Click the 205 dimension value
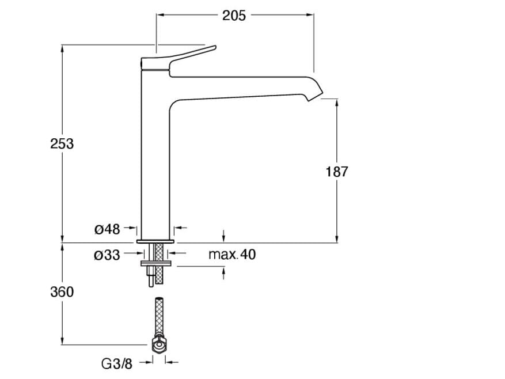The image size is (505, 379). click(234, 16)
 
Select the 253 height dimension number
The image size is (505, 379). click(62, 144)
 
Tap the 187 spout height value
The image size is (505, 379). click(337, 172)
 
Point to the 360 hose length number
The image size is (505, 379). click(62, 292)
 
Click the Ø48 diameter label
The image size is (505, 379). click(107, 229)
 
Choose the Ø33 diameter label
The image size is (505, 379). click(107, 255)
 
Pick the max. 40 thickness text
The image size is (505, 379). click(232, 255)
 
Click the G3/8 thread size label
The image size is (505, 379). click(116, 364)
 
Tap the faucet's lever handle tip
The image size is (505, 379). click(215, 47)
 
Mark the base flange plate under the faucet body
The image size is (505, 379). click(155, 241)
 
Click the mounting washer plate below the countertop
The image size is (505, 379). click(157, 264)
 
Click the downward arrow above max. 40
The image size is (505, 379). click(224, 236)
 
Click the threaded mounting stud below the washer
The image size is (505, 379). click(150, 276)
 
